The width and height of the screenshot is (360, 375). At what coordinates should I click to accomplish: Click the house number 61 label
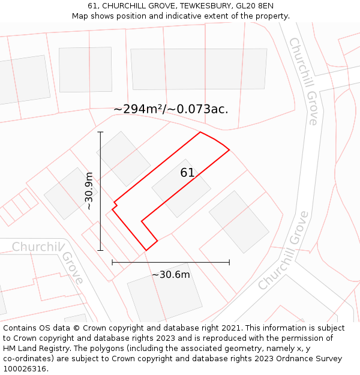click(187, 173)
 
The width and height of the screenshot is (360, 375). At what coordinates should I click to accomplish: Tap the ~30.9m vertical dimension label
click(89, 191)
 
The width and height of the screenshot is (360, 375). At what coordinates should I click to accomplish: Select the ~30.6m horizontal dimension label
click(171, 275)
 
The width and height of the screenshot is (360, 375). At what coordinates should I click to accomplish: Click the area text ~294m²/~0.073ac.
click(171, 109)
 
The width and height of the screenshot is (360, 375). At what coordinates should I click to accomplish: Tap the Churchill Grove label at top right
click(303, 81)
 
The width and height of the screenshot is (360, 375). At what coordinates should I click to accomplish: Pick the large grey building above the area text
click(199, 69)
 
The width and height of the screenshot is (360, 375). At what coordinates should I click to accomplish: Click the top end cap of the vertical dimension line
click(100, 132)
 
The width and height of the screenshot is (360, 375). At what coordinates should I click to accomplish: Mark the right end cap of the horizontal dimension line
click(229, 262)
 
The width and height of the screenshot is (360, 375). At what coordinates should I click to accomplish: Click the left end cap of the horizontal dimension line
click(112, 262)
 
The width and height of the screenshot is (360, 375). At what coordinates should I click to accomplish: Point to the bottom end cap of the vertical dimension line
click(100, 250)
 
